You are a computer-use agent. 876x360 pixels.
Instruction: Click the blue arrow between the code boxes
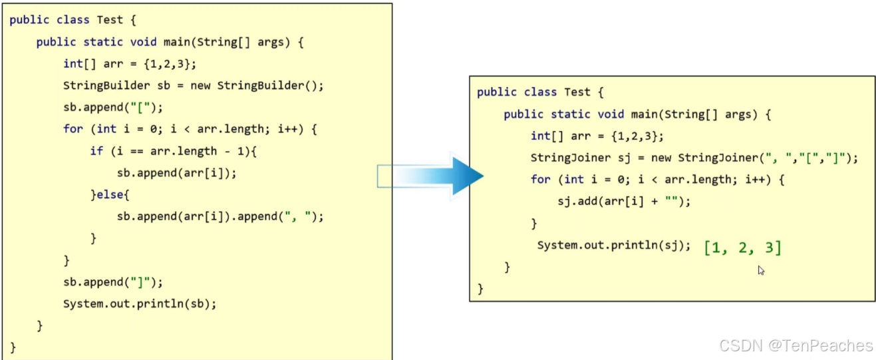(x=432, y=176)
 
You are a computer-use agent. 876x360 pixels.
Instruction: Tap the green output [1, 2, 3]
(x=742, y=248)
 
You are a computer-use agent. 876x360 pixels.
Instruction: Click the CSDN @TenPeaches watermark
(x=796, y=345)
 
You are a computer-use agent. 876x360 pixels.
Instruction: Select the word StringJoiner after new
(x=717, y=158)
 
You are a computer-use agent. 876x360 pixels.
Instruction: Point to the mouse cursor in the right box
(x=761, y=270)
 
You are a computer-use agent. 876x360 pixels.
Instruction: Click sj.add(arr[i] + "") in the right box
(x=624, y=201)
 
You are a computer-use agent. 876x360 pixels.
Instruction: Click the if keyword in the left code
(x=96, y=151)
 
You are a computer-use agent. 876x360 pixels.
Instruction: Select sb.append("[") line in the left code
(x=113, y=107)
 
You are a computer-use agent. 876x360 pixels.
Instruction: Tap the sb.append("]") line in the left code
(x=113, y=281)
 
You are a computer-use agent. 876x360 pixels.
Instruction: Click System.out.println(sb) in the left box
(x=140, y=303)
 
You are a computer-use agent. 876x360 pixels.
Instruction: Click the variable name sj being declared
(x=604, y=158)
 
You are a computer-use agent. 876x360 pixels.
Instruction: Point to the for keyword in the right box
(x=540, y=179)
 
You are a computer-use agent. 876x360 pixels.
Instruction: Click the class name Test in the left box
(x=110, y=20)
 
